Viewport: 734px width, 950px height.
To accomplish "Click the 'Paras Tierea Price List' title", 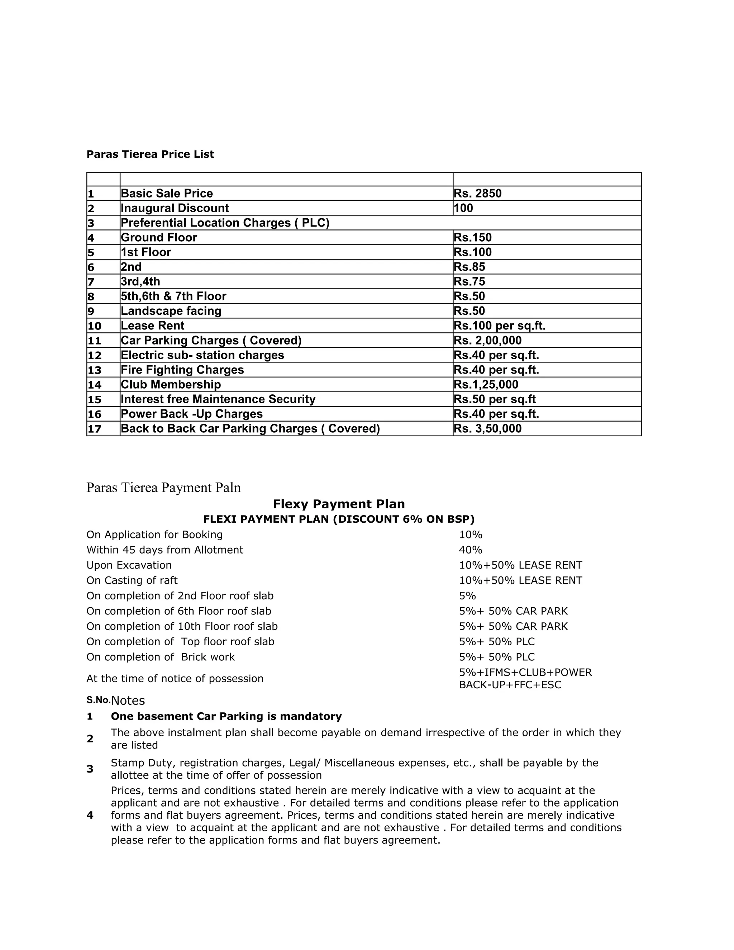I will pyautogui.click(x=150, y=155).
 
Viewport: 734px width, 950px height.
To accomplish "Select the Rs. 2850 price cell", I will pyautogui.click(x=477, y=194).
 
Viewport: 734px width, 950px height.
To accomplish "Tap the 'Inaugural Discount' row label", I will pyautogui.click(x=175, y=208).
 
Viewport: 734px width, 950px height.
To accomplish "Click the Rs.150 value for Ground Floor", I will pyautogui.click(x=473, y=237).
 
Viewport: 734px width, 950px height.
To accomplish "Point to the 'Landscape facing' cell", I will pyautogui.click(x=171, y=311).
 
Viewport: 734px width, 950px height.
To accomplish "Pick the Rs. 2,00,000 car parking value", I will pyautogui.click(x=487, y=341).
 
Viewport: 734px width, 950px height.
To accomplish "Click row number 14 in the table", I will pyautogui.click(x=94, y=385).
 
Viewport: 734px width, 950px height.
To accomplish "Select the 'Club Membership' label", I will pyautogui.click(x=171, y=385).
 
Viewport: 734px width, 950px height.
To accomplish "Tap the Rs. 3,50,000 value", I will pyautogui.click(x=487, y=429).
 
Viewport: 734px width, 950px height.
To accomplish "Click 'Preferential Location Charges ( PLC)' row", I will pyautogui.click(x=225, y=223).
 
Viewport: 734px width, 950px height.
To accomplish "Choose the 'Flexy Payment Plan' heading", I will pyautogui.click(x=339, y=504).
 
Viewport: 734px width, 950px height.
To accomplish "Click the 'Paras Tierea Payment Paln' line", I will pyautogui.click(x=163, y=488).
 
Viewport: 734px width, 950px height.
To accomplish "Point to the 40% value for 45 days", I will pyautogui.click(x=471, y=550).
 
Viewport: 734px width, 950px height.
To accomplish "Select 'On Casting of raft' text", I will pyautogui.click(x=132, y=580).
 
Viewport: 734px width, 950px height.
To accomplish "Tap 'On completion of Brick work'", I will pyautogui.click(x=161, y=657).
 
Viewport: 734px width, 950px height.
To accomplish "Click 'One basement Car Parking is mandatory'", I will pyautogui.click(x=226, y=716).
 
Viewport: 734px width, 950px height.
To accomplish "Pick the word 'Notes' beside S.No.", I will pyautogui.click(x=128, y=701).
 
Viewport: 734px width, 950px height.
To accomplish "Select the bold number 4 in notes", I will pyautogui.click(x=90, y=815).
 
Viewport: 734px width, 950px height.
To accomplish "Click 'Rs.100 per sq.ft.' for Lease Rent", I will pyautogui.click(x=499, y=326).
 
